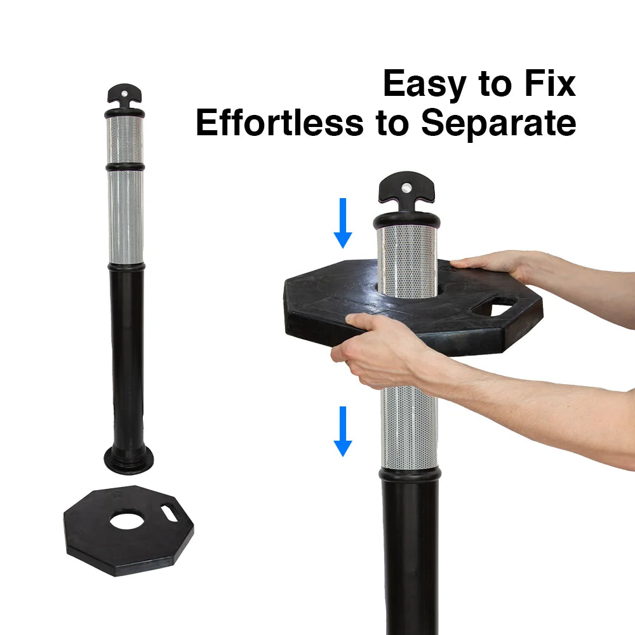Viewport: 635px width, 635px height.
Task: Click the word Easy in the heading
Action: coord(424,84)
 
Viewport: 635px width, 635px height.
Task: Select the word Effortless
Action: coord(279,122)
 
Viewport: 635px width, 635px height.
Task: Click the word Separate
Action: coord(498,124)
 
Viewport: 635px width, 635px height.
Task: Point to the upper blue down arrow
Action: coord(343,223)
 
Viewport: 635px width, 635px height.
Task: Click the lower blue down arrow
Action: coord(343,431)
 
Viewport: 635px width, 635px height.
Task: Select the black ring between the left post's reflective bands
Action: coord(125,167)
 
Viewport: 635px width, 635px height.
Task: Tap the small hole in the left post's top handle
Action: coord(124,93)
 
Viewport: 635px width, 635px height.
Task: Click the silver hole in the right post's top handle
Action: coord(406,187)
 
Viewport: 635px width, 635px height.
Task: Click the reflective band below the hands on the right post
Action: coord(410,427)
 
